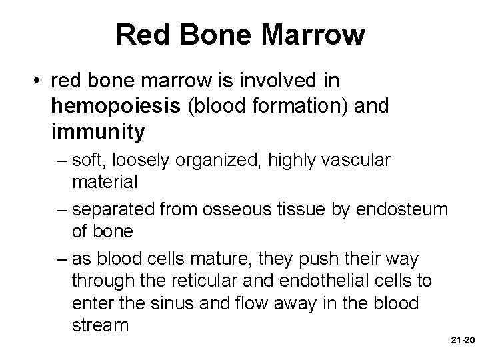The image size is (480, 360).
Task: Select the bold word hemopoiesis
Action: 117,107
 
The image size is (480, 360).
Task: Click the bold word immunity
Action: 97,133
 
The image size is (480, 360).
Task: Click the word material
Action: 104,181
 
